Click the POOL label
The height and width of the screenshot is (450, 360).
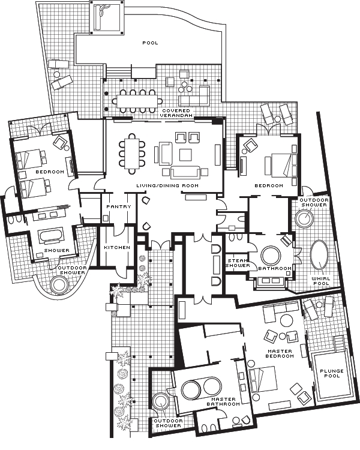[150, 43]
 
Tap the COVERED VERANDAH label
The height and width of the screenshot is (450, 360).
[176, 113]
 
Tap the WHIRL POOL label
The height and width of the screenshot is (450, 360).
[321, 281]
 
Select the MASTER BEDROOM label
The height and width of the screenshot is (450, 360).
[280, 353]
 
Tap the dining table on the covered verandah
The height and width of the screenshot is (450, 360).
[137, 101]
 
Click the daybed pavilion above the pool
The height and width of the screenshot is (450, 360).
[107, 17]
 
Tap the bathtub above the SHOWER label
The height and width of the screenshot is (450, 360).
[55, 235]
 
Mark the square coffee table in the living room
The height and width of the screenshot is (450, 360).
[185, 154]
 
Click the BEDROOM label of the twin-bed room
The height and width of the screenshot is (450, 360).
[49, 172]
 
